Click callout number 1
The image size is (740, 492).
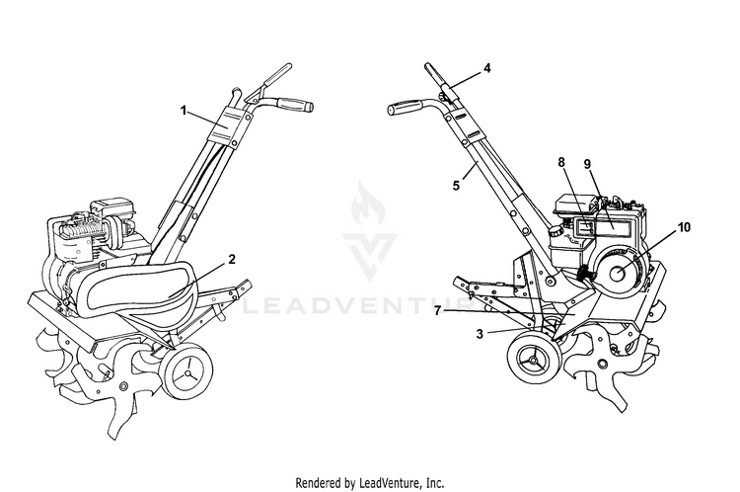coord(184,111)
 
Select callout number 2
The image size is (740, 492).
coord(232,260)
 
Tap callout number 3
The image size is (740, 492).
coord(480,334)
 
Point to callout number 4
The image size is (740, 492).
coord(487,68)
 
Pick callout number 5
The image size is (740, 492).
coord(456,186)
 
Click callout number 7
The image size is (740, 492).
coord(438,311)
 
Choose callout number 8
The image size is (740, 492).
coord(561,162)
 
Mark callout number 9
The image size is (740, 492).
coord(588,164)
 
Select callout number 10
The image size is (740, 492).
coord(685,227)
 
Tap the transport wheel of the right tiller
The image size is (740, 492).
coord(534,361)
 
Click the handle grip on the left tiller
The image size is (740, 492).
coord(295,105)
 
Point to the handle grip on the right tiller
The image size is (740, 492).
coord(406,107)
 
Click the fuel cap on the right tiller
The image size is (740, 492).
coord(555,231)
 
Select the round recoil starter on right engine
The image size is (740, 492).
coord(620,274)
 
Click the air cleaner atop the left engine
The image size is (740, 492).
coord(112,207)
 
